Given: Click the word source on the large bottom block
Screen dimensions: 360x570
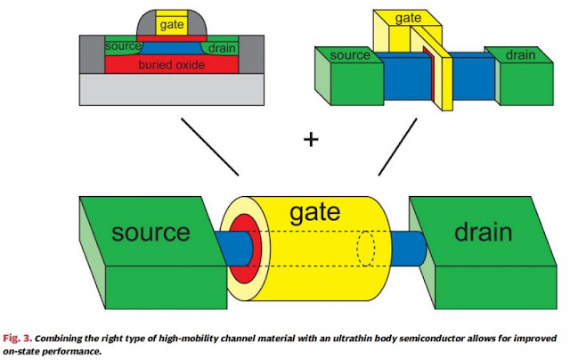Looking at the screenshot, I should tap(151, 233).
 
